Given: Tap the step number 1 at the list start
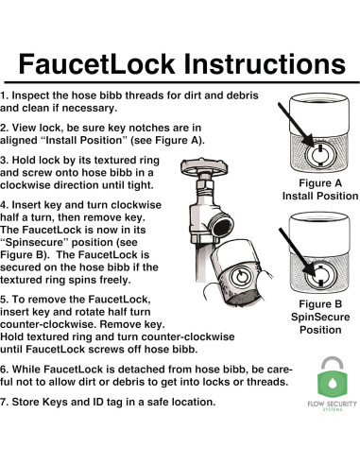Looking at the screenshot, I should point(5,97).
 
